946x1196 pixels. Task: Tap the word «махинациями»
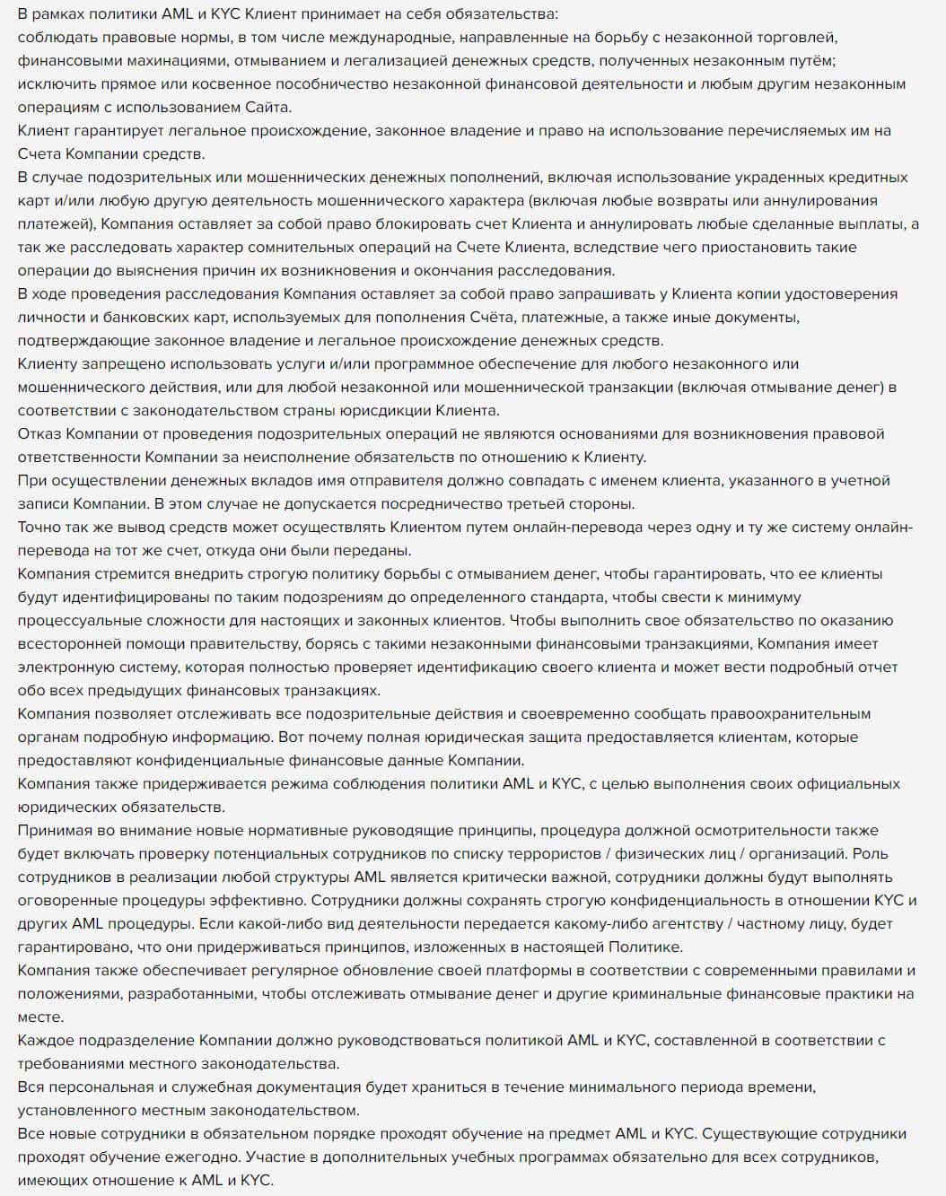143,61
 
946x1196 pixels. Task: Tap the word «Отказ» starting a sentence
39,434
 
